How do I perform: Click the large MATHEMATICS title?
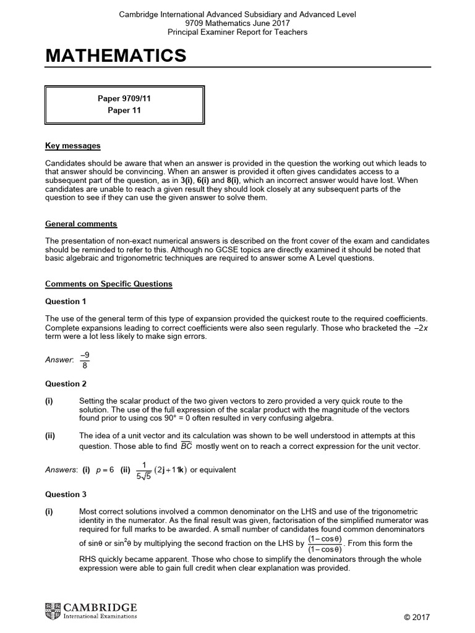pos(116,56)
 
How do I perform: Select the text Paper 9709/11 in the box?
pos(124,98)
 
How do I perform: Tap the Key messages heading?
pos(72,146)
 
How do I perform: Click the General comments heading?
pos(81,224)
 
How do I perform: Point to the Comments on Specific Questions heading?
pos(109,284)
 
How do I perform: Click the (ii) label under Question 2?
pos(50,435)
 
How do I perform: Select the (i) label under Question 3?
pos(49,512)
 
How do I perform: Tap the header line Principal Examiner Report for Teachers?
pos(237,32)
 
